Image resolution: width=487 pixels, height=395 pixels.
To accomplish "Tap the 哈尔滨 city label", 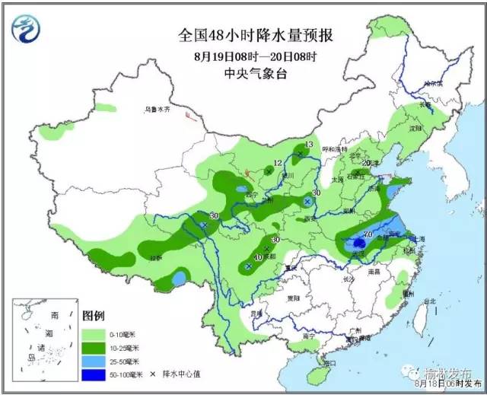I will [432, 83].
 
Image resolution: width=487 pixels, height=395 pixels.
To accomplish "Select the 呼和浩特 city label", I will [336, 149].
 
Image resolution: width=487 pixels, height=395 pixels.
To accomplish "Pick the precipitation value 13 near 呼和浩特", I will [309, 144].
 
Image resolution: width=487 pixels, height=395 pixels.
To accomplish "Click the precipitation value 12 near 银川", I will [278, 163].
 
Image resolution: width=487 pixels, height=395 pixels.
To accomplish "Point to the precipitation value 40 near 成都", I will [257, 258].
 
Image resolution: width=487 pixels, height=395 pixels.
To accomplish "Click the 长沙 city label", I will [349, 280].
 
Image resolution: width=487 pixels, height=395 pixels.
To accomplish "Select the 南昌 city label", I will [374, 270].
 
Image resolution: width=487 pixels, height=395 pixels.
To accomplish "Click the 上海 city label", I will [417, 238].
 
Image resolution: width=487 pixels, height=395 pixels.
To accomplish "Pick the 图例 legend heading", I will [94, 315].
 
